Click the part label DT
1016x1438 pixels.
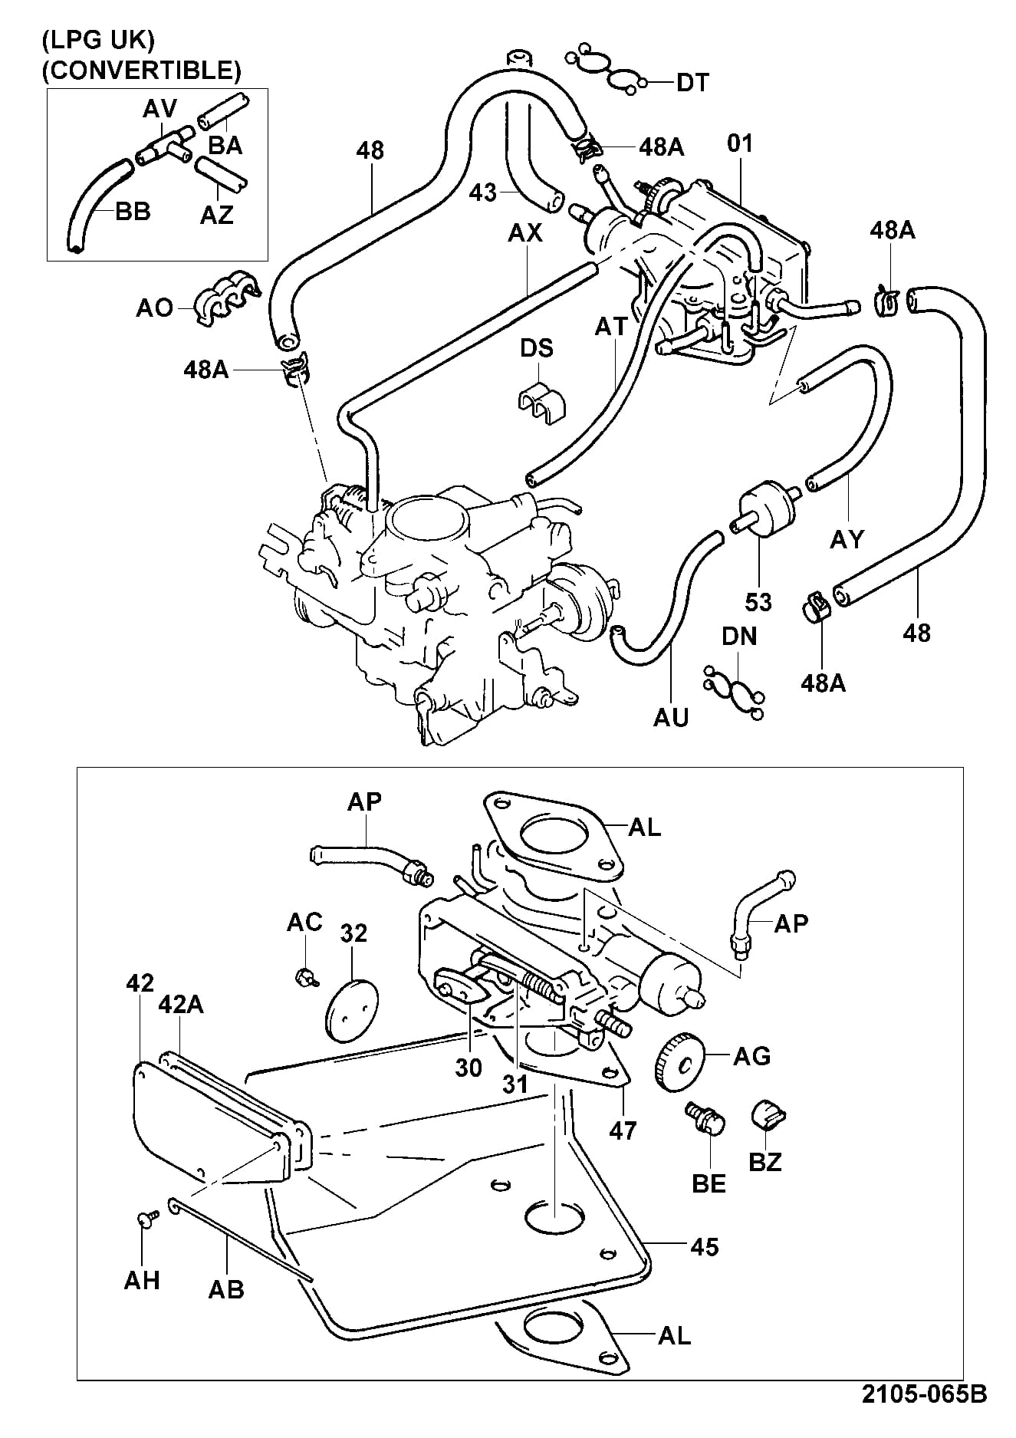point(692,82)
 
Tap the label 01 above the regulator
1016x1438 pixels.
point(740,143)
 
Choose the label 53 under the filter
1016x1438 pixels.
point(758,602)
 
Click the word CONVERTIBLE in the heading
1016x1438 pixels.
point(141,71)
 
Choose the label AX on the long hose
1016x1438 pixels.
point(525,232)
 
